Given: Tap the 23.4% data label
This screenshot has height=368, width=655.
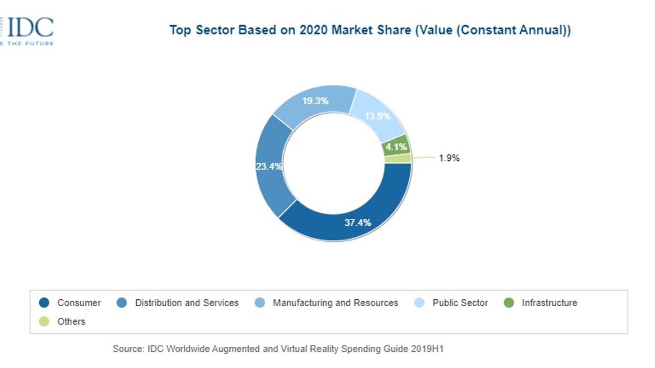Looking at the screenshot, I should tap(269, 166).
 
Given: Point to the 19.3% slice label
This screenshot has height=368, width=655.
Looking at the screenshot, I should tap(315, 101).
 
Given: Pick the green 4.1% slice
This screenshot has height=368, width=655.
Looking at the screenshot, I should tap(396, 146).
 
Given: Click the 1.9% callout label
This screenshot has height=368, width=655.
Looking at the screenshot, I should tap(449, 158).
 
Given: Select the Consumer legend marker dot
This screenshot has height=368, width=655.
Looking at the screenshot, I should tap(44, 303).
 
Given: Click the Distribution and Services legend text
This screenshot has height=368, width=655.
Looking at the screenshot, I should tap(187, 303).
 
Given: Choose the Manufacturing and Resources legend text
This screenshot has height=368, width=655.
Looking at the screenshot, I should tap(335, 303).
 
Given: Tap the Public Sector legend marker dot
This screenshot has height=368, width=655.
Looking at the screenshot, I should tap(420, 303).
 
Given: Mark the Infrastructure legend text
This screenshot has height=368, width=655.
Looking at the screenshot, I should tap(549, 303).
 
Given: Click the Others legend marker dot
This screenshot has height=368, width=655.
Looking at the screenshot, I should tap(44, 322).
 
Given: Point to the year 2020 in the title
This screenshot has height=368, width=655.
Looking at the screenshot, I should tap(313, 30).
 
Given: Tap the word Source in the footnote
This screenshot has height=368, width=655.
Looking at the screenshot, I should tap(128, 349).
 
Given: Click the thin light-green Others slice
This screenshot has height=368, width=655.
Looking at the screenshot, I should tap(398, 159).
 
